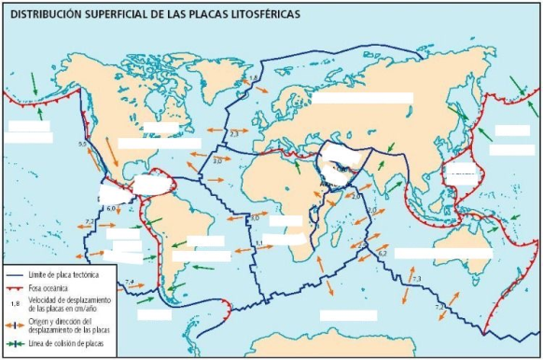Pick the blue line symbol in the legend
14,276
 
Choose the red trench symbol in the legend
14,289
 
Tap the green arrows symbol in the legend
14,344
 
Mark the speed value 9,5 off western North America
82,145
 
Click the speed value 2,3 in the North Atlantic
233,135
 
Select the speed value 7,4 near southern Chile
130,282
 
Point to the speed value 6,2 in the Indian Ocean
383,254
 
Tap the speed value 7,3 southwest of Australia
416,279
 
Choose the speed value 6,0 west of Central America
110,208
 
